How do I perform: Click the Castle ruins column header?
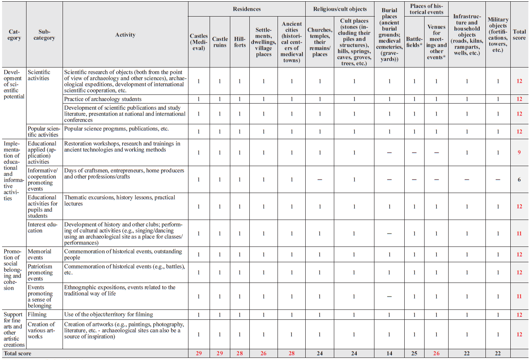(220, 42)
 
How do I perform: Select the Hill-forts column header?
(240, 42)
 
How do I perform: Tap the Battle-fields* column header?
(414, 42)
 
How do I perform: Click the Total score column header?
(519, 35)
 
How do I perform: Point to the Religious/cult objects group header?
(340, 9)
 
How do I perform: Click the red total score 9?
(519, 152)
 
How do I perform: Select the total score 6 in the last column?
(519, 179)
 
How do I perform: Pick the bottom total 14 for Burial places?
(389, 353)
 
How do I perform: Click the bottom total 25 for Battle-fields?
(414, 353)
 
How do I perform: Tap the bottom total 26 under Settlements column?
(263, 353)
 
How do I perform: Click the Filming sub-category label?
(37, 314)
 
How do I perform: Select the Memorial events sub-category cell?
(39, 254)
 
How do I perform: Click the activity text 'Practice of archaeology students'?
(103, 99)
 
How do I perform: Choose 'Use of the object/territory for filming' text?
(109, 314)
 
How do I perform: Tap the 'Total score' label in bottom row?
(17, 353)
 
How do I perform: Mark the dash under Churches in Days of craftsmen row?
(320, 180)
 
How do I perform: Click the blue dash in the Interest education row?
(389, 234)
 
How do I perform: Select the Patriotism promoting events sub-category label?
(40, 273)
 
